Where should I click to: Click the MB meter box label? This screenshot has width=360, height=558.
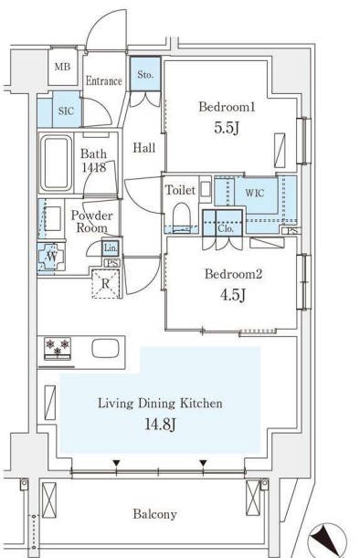62,67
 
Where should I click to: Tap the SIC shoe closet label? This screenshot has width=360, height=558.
66,111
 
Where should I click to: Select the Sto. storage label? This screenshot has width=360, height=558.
145,75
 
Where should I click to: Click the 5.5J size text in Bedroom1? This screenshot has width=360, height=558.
226,128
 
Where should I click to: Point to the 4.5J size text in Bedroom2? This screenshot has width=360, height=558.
233,295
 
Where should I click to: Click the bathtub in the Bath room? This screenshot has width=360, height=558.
56,163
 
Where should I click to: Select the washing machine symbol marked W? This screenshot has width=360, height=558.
51,257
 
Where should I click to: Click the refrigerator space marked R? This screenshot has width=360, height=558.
105,284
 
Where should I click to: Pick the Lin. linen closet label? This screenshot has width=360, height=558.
111,248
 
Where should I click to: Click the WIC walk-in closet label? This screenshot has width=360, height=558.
255,194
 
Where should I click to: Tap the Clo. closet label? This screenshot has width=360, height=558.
226,228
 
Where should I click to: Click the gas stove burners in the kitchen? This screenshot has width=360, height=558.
58,348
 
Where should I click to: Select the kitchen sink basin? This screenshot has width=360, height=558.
105,348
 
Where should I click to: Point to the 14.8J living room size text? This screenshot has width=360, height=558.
161,424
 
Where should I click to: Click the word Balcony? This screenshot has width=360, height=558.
155,514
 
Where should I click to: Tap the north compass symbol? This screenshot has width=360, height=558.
327,541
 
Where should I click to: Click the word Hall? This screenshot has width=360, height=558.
144,148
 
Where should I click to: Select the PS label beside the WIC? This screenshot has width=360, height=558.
292,231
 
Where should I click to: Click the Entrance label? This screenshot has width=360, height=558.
104,81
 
